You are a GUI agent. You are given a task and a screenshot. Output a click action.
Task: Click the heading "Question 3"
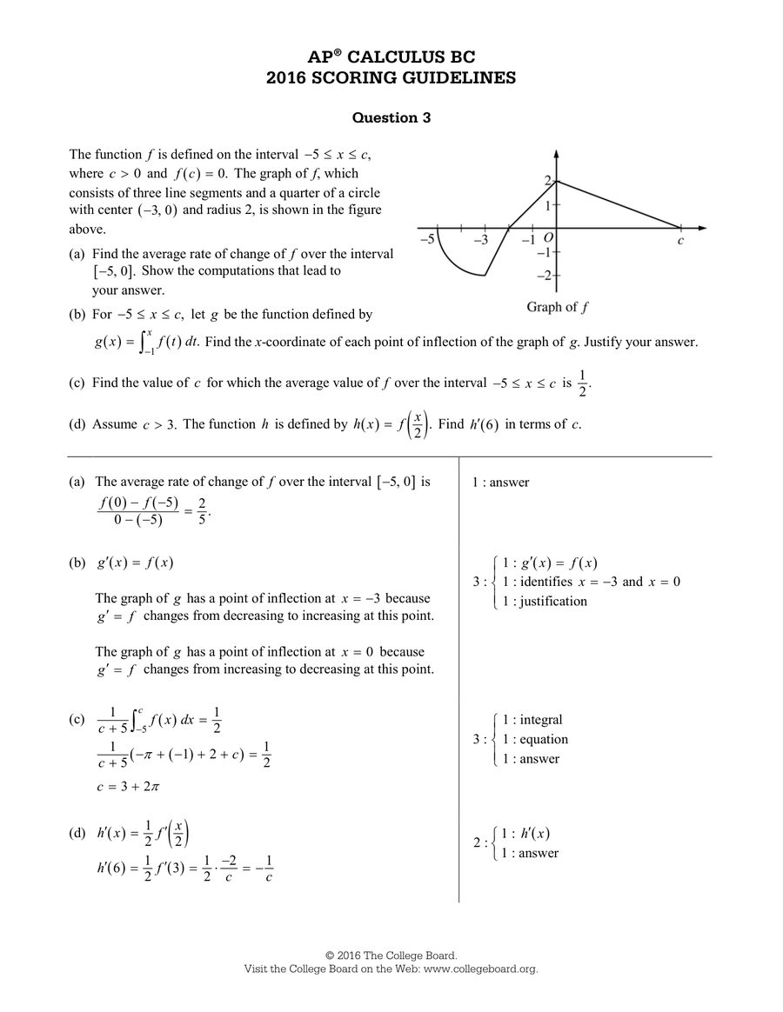pyautogui.click(x=391, y=117)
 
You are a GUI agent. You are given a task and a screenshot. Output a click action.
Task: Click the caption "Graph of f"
pyautogui.click(x=557, y=307)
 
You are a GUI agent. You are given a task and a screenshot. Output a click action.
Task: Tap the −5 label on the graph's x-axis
pyautogui.click(x=427, y=240)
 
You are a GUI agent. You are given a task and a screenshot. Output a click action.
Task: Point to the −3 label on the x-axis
pyautogui.click(x=481, y=240)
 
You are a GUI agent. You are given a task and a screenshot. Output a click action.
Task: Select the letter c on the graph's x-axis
pyautogui.click(x=680, y=241)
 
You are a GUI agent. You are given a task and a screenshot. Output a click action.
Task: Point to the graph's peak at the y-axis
pyautogui.click(x=556, y=181)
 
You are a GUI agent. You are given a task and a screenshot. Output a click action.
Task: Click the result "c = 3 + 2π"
pyautogui.click(x=129, y=787)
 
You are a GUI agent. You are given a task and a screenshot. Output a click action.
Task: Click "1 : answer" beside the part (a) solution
pyautogui.click(x=500, y=483)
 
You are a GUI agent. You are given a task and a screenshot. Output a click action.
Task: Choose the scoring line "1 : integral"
pyautogui.click(x=532, y=720)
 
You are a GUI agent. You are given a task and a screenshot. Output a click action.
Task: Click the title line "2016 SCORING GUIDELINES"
pyautogui.click(x=391, y=78)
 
